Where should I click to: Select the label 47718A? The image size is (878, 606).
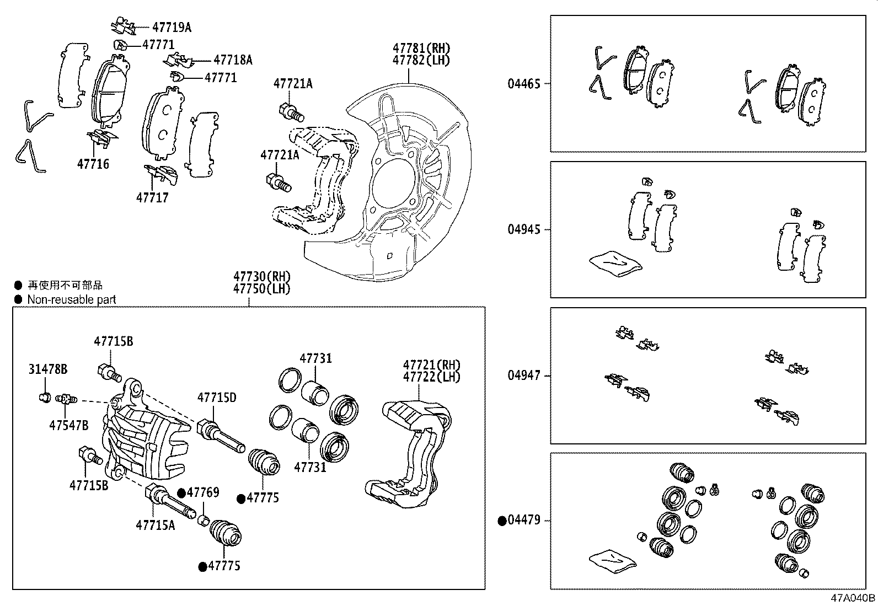(x=232, y=60)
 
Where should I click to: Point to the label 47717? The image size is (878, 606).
(x=152, y=197)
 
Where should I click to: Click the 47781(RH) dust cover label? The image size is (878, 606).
(x=421, y=48)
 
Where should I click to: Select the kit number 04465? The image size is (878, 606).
(x=524, y=84)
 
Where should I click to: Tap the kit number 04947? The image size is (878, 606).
(x=524, y=376)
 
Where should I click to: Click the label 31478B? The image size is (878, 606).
(x=48, y=369)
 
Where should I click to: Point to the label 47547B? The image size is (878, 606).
(x=68, y=425)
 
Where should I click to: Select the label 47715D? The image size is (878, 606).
(x=217, y=397)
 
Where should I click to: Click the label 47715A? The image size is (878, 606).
(x=155, y=524)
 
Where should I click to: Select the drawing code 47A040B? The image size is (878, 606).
(x=854, y=598)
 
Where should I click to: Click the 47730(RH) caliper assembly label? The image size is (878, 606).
(x=261, y=276)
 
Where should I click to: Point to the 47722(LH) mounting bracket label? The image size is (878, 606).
(x=431, y=377)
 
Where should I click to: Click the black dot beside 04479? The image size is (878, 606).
(x=502, y=521)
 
